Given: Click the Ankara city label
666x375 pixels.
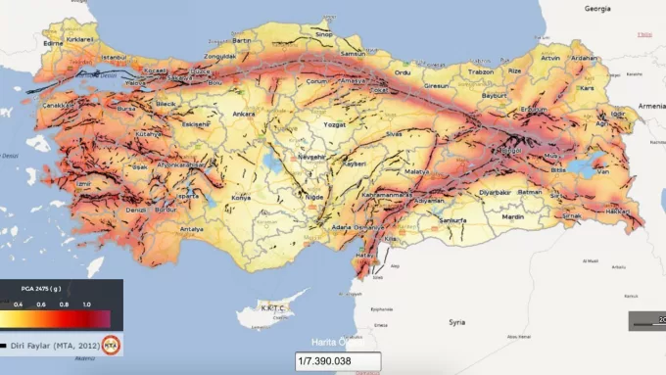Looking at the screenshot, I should pyautogui.click(x=245, y=114).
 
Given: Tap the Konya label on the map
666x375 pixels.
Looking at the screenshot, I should pyautogui.click(x=240, y=197).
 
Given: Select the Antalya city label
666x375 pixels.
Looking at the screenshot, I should pyautogui.click(x=194, y=230).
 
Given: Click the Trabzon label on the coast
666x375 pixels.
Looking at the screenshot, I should pyautogui.click(x=481, y=70).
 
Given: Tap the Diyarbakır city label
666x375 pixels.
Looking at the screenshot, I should pyautogui.click(x=496, y=192).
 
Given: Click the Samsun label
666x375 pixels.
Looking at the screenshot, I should pyautogui.click(x=352, y=53).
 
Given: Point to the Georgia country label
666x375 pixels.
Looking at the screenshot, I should pyautogui.click(x=597, y=7).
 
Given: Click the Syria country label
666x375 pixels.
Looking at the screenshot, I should pyautogui.click(x=456, y=321).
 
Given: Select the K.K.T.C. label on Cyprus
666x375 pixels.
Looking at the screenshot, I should pyautogui.click(x=271, y=307).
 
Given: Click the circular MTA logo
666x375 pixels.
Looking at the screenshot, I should pyautogui.click(x=113, y=345).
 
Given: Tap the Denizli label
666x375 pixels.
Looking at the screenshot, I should pyautogui.click(x=135, y=209).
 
